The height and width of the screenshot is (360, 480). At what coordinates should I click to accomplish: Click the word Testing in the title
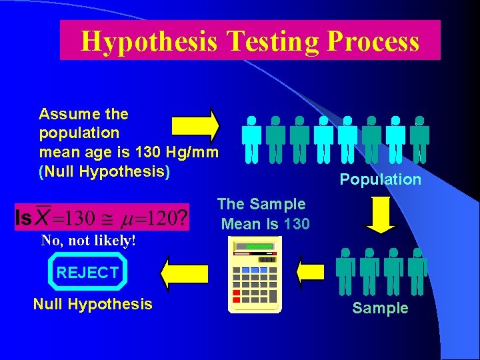click(274, 41)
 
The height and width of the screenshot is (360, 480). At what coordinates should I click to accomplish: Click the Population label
click(380, 179)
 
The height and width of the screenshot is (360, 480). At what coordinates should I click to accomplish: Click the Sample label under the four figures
click(380, 308)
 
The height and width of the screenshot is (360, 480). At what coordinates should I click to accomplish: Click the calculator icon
click(256, 275)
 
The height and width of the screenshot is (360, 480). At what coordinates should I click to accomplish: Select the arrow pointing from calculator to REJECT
click(183, 273)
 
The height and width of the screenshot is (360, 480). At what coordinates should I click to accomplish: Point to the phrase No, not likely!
click(89, 241)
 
